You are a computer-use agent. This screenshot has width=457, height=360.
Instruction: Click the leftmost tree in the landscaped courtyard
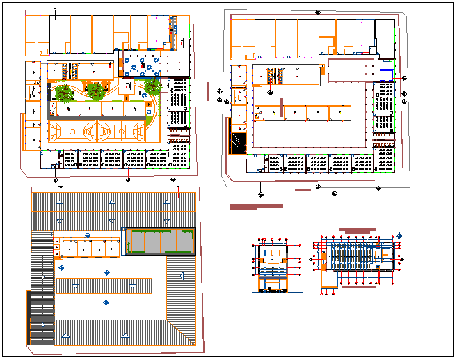point(65,93)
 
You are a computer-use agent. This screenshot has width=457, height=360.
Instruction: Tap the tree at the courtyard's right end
point(152,88)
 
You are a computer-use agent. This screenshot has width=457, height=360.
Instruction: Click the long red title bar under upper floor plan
point(256,206)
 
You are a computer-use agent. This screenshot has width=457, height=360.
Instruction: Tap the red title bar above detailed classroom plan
point(357,230)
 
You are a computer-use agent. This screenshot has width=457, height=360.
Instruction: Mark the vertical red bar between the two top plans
point(208,92)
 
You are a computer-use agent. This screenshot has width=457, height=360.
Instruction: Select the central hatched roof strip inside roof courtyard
point(104,285)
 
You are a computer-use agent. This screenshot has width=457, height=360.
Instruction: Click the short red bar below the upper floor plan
point(303,190)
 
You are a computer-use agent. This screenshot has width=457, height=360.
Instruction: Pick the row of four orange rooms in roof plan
point(86,249)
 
